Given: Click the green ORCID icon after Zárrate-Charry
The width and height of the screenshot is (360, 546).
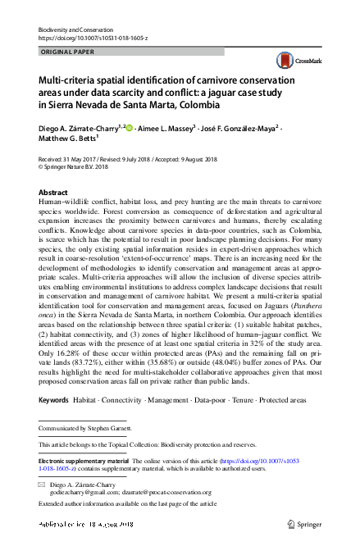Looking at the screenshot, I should click(x=129, y=129).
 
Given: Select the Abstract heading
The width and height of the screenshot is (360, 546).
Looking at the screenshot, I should click(x=53, y=192).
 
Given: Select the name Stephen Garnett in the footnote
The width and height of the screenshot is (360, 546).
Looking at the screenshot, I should click(x=113, y=429).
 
